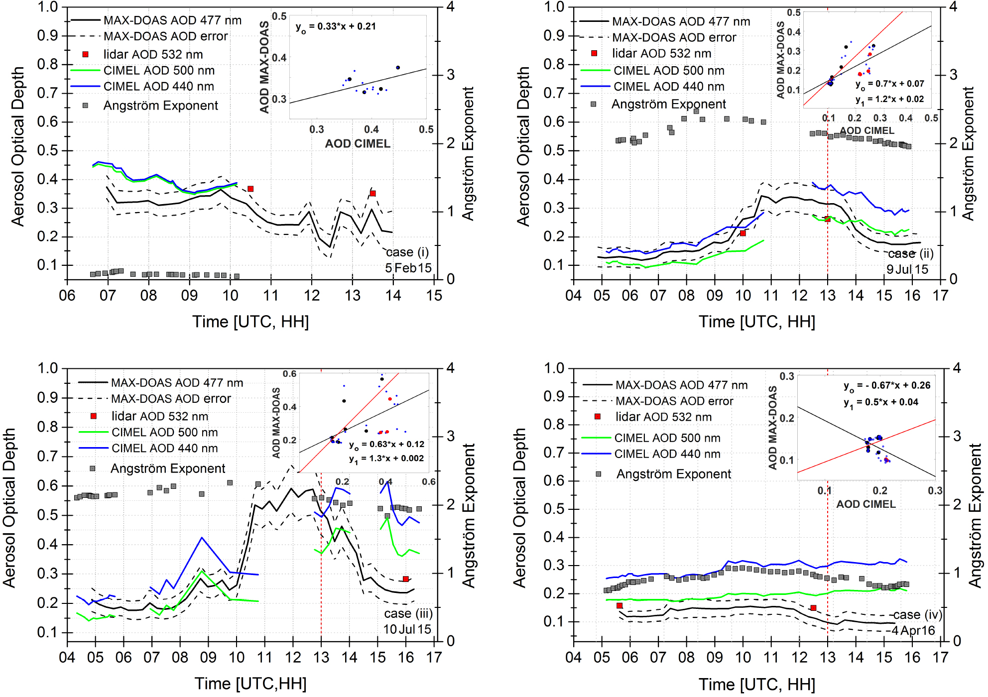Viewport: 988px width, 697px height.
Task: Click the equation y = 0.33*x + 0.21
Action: tap(336, 27)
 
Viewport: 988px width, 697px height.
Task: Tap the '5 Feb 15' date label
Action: tap(408, 268)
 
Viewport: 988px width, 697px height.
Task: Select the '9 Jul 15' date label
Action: tap(907, 269)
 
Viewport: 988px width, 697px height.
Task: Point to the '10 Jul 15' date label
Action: tap(407, 629)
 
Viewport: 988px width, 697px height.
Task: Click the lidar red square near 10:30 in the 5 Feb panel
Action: tap(250, 189)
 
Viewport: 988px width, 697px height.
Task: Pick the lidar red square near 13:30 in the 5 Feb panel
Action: tap(372, 193)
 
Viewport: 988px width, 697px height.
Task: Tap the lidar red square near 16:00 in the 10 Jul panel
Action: tap(406, 579)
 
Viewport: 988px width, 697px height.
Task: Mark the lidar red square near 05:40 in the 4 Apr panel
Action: tap(619, 605)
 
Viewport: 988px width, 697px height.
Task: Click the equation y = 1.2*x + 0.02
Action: tap(889, 100)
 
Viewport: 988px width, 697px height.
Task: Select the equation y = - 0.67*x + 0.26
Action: tap(886, 386)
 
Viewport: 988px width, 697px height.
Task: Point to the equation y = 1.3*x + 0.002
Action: tap(386, 459)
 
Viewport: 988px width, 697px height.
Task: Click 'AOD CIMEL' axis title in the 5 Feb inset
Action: tap(358, 144)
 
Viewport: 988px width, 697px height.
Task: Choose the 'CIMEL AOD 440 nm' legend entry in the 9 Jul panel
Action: tap(668, 87)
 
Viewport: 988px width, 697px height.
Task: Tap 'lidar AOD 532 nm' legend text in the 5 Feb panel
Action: tap(153, 54)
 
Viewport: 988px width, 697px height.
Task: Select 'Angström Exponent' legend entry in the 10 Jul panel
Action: tap(167, 468)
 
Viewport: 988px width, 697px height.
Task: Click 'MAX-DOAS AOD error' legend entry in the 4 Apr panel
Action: tap(674, 401)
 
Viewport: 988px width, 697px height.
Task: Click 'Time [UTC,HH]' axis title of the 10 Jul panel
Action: tap(250, 684)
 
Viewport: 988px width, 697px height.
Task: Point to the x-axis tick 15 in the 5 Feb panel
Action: tap(434, 296)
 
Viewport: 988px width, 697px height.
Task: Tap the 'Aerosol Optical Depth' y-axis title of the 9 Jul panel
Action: tap(523, 147)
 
